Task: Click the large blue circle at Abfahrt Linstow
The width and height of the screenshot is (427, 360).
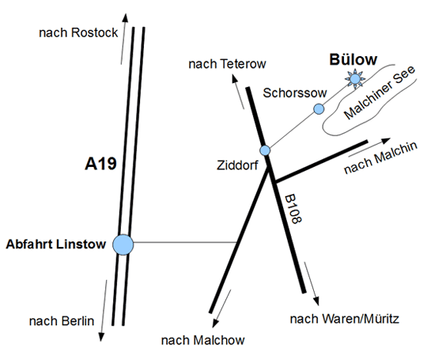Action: click(x=123, y=244)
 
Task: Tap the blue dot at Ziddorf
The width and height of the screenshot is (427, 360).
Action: click(x=265, y=150)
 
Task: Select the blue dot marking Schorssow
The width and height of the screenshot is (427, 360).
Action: click(x=319, y=108)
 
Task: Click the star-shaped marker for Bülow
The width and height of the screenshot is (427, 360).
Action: click(x=355, y=79)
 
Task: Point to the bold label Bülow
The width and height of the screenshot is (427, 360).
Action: click(x=353, y=59)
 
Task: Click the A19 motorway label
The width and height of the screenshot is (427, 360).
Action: click(x=100, y=164)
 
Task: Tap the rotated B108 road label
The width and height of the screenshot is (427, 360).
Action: click(x=293, y=209)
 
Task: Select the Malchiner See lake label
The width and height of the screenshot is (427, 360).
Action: click(x=380, y=93)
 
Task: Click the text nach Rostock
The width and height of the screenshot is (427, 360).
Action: click(x=78, y=32)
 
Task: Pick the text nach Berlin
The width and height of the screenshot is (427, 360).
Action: click(x=62, y=321)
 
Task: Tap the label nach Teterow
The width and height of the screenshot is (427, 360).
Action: click(x=228, y=64)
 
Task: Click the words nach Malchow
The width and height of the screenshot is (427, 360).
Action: click(x=203, y=340)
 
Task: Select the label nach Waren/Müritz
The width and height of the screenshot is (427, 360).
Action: click(x=345, y=319)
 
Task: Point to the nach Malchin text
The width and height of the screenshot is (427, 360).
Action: click(x=380, y=157)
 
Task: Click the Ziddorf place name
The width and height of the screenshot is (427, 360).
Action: click(x=237, y=165)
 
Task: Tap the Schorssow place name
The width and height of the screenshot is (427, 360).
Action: click(x=295, y=93)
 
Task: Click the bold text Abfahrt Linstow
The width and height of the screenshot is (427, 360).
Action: click(x=56, y=244)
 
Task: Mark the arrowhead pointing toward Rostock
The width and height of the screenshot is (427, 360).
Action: click(x=125, y=17)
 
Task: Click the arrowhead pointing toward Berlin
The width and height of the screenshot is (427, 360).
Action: click(x=101, y=337)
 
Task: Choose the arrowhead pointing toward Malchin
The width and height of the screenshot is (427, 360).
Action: click(x=386, y=141)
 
